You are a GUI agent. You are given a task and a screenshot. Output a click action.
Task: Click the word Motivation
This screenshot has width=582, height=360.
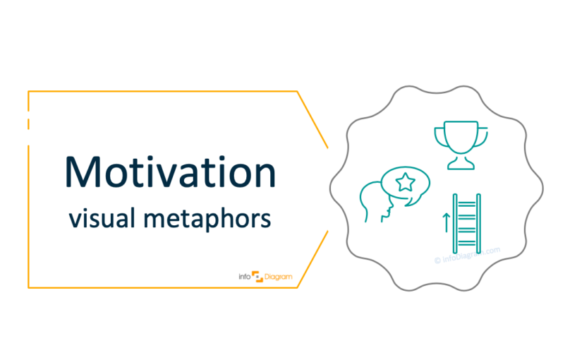pos(169,171)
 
